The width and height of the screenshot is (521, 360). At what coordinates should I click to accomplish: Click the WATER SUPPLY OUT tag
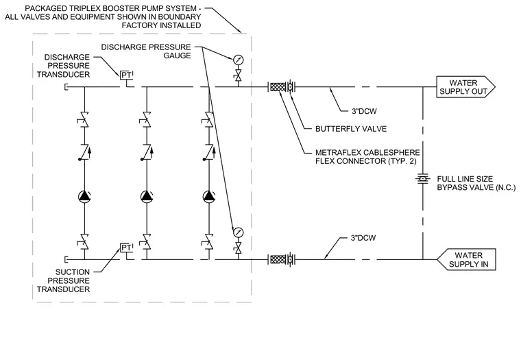click(465, 87)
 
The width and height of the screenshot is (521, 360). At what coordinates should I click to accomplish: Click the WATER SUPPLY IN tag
click(466, 259)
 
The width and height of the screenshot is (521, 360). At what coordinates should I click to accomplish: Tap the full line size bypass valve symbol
click(423, 179)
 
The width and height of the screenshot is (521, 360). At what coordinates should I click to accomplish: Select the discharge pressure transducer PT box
click(126, 75)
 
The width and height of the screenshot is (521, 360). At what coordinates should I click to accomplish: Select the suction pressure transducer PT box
click(126, 248)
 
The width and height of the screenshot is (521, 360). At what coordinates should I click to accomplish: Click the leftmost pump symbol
click(84, 196)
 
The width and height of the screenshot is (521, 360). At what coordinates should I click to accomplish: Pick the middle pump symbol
click(147, 196)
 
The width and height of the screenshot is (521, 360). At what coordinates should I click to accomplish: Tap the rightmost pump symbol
click(209, 196)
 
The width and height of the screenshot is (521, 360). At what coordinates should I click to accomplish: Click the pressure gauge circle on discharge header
click(239, 60)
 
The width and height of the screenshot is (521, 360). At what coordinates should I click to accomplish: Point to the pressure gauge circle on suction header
click(239, 232)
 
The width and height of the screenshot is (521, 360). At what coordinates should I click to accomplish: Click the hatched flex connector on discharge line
click(278, 87)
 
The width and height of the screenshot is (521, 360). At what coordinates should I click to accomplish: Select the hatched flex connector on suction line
click(278, 259)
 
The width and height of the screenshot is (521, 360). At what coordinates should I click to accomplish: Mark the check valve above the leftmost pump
click(84, 152)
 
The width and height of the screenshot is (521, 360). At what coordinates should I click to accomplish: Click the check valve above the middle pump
click(147, 152)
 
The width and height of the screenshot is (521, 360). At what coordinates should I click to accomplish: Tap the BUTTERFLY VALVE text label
click(351, 129)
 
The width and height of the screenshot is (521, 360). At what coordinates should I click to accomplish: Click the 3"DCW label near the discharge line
click(364, 111)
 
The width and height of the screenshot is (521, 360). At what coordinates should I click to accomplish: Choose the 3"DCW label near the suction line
click(363, 238)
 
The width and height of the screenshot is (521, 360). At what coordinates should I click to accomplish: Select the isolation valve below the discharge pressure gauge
click(239, 77)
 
